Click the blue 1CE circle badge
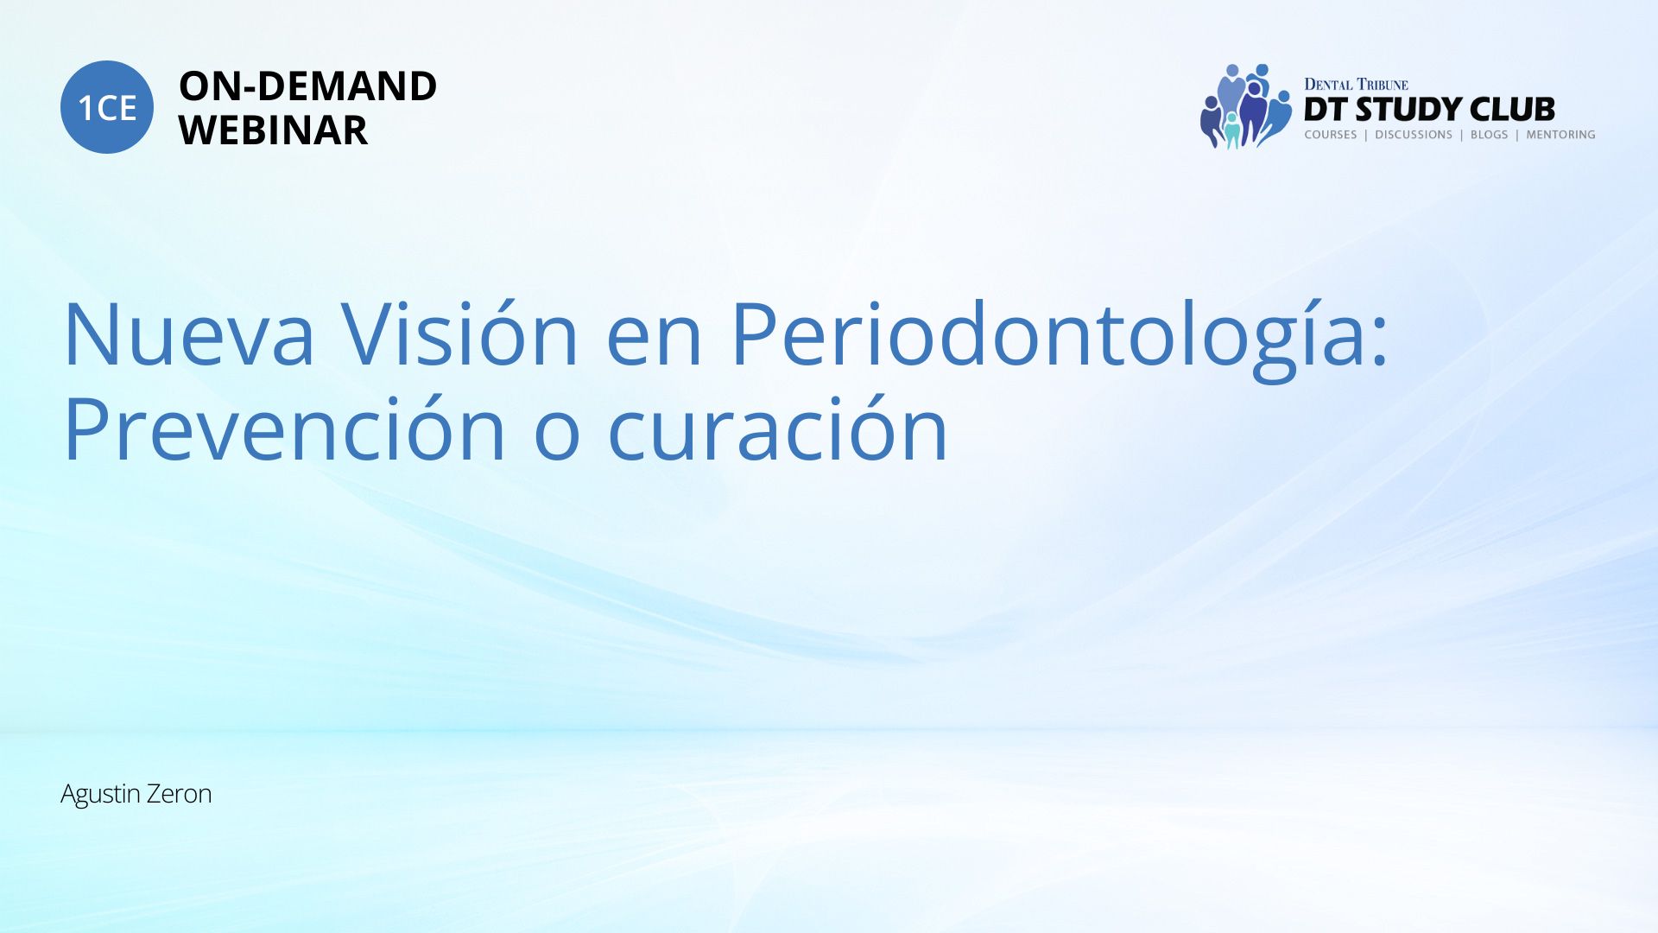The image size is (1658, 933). coord(107,107)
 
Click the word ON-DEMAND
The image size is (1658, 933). coord(307,86)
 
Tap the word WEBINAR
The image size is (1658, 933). coord(273,130)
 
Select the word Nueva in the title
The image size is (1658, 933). coord(189,334)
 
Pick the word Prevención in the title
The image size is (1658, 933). coord(284,428)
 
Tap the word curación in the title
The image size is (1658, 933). coord(778,428)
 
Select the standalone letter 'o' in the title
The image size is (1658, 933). coord(557,438)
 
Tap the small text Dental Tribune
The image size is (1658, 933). coord(1356,85)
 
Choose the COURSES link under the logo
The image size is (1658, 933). coord(1331,135)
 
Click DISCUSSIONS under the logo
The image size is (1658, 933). coord(1414,135)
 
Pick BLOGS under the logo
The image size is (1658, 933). coord(1489,135)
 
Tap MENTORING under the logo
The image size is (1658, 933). coord(1560,135)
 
